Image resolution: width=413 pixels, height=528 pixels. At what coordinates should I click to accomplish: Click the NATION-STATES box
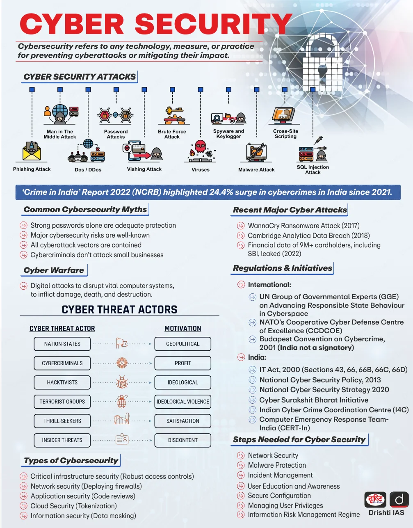pos(62,344)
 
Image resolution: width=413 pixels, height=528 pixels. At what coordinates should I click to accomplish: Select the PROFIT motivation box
pos(183,363)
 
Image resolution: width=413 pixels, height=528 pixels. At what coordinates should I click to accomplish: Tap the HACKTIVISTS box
pos(62,382)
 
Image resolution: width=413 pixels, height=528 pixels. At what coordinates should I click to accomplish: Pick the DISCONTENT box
pos(183,440)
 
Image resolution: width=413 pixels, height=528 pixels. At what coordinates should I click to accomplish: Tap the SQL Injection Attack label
pos(313,169)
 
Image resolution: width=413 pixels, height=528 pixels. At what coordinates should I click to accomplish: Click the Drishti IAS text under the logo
pos(386,512)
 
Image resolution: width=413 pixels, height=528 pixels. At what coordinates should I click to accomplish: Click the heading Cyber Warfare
pos(54,270)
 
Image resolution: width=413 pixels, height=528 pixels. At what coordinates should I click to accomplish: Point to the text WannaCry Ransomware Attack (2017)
pos(303,226)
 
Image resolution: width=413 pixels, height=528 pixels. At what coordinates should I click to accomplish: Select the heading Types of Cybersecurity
pos(71,460)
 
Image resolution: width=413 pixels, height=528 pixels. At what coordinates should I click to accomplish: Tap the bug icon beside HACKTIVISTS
pos(122,382)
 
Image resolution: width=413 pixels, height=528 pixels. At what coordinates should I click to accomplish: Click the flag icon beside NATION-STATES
pos(121,343)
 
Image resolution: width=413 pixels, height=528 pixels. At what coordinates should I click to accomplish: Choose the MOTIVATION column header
pos(183,328)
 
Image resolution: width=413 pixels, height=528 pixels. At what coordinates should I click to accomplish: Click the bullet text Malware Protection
pos(277,465)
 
